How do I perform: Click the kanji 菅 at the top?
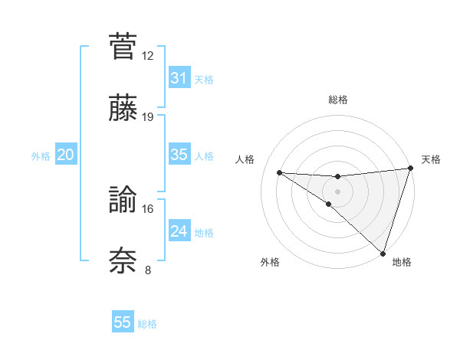click(123, 45)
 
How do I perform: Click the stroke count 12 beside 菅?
click(148, 55)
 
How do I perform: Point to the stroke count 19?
click(148, 117)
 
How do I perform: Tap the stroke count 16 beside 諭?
click(148, 208)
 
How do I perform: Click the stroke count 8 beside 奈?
click(148, 270)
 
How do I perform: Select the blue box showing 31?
click(179, 78)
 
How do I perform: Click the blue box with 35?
click(179, 155)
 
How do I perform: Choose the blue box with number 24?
click(179, 231)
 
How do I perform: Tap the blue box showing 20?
click(65, 155)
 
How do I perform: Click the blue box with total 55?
click(123, 322)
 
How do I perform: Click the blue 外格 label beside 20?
click(41, 155)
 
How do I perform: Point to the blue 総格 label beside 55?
click(147, 324)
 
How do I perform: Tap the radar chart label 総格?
click(337, 100)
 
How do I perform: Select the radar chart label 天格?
click(431, 159)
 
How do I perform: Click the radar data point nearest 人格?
click(279, 172)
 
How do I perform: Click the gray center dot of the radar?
click(337, 190)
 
